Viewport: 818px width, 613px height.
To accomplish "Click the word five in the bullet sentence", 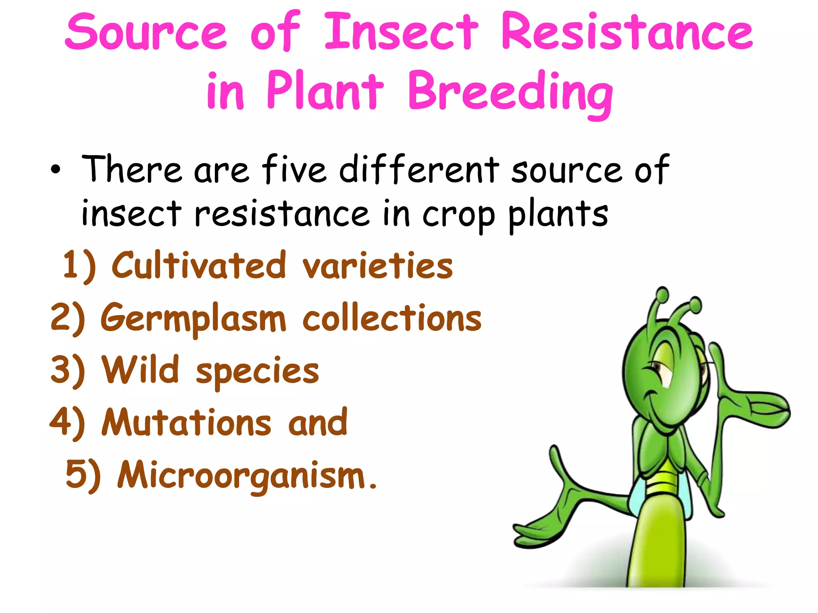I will [294, 169].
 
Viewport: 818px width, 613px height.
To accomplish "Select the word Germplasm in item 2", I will [193, 318].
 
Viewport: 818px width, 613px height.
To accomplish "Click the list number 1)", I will [79, 265].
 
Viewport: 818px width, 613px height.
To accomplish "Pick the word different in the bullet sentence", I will [419, 169].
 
